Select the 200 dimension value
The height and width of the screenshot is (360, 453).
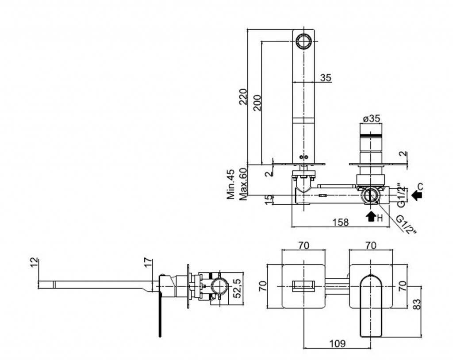coord(257,103)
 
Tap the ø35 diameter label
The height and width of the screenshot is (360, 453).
coord(371,119)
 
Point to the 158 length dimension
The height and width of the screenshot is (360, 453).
coord(340,222)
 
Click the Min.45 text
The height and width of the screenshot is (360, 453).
coord(231,185)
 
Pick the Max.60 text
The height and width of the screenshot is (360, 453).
coord(242,185)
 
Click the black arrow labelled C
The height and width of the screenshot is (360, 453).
coord(416,195)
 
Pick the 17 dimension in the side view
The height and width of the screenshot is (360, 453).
coord(149,262)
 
